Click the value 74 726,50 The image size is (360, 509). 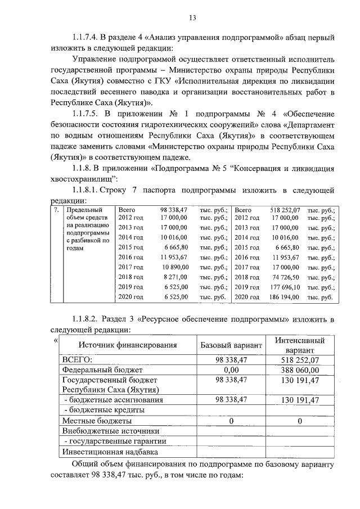[x=287, y=277]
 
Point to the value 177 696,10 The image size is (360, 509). [x=285, y=287]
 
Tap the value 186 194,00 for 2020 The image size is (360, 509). [x=285, y=296]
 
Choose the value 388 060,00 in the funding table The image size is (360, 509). [x=299, y=370]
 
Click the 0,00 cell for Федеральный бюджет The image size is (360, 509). [x=231, y=370]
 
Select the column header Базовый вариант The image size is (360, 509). [x=231, y=344]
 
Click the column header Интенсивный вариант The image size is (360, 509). [x=299, y=344]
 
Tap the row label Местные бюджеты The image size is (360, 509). [x=97, y=420]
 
